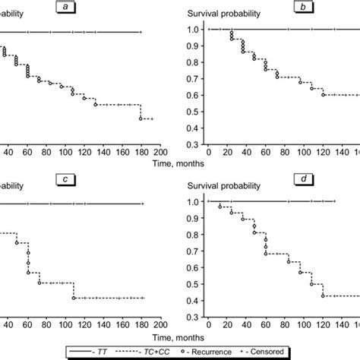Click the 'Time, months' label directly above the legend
click(180, 332)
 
